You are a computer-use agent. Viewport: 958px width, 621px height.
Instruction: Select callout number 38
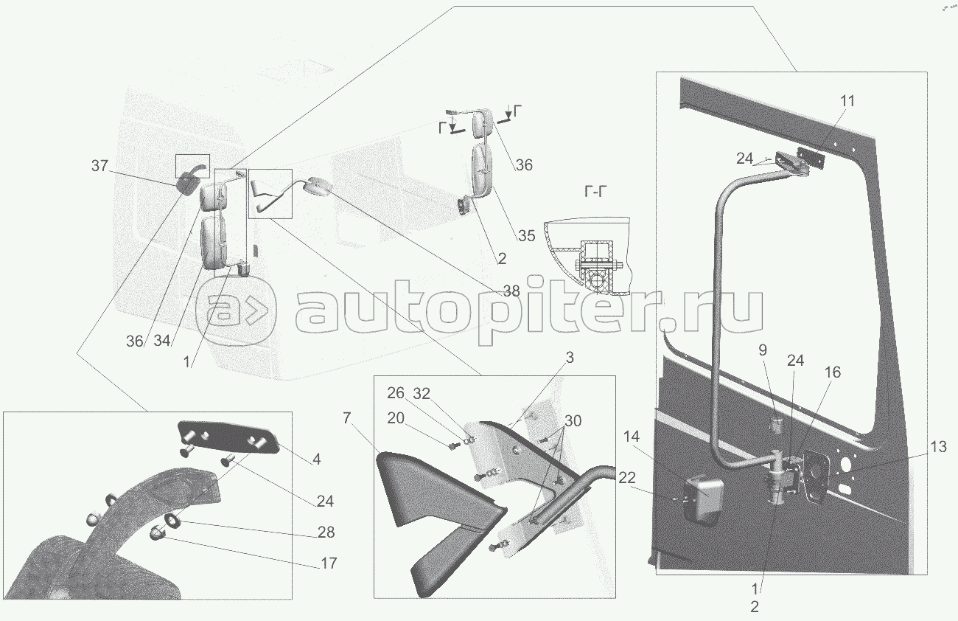pyautogui.click(x=511, y=291)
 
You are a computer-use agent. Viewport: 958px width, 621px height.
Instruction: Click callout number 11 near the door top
pyautogui.click(x=848, y=101)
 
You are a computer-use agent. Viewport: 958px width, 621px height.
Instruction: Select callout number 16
pyautogui.click(x=832, y=372)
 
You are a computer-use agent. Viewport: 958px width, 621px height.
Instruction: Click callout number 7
pyautogui.click(x=346, y=419)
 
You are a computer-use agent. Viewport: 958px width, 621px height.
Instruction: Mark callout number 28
pyautogui.click(x=325, y=532)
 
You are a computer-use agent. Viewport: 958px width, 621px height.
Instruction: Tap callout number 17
pyautogui.click(x=328, y=563)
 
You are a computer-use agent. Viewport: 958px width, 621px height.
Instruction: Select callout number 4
pyautogui.click(x=316, y=459)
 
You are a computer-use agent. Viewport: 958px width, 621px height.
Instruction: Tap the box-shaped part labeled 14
pyautogui.click(x=704, y=498)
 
